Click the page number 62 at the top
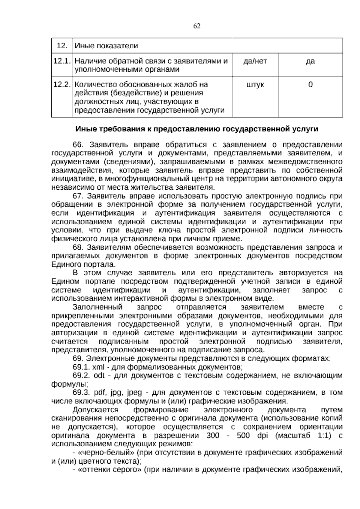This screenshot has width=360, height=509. coord(197,26)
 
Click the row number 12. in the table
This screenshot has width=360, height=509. coord(61,46)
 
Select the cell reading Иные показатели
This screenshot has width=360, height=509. coord(106,46)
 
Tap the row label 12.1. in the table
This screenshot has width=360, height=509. coord(62,61)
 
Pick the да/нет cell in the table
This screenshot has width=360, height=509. coord(255,61)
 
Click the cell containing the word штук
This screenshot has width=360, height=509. coord(255,85)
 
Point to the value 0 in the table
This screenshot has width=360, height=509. coord(310,85)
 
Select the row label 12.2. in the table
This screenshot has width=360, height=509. coord(62,85)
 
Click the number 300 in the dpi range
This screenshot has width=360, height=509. coord(213,435)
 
